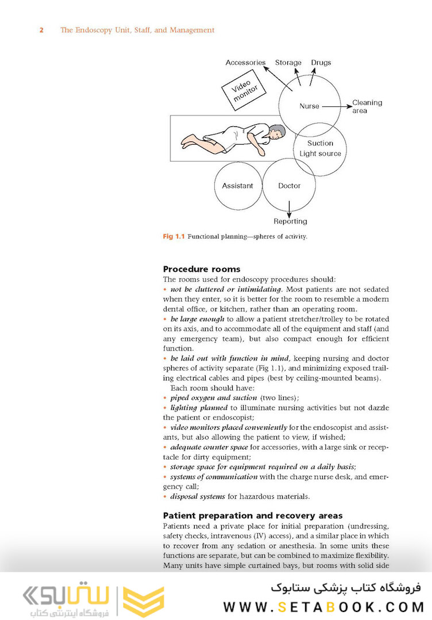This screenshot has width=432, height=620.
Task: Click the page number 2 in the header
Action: pyautogui.click(x=41, y=30)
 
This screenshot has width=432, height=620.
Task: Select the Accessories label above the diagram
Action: pyautogui.click(x=245, y=63)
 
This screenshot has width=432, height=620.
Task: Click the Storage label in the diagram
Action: pyautogui.click(x=288, y=63)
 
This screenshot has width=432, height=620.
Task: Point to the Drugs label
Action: pyautogui.click(x=321, y=63)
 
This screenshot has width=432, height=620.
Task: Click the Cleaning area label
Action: pyautogui.click(x=367, y=106)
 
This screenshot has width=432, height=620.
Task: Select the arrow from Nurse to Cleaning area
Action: pyautogui.click(x=337, y=106)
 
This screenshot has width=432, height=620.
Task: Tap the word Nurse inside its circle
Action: pyautogui.click(x=309, y=106)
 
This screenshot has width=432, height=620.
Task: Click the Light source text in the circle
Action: pyautogui.click(x=320, y=153)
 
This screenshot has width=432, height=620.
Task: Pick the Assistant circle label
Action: pyautogui.click(x=237, y=186)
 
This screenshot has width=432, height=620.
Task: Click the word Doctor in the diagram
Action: pyautogui.click(x=290, y=186)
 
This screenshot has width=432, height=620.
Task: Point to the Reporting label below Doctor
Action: pyautogui.click(x=291, y=221)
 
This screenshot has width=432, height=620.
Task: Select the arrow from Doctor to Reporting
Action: pyautogui.click(x=290, y=209)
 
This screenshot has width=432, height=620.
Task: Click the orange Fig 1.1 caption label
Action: pyautogui.click(x=173, y=237)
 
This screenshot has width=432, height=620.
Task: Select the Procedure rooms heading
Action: pyautogui.click(x=202, y=269)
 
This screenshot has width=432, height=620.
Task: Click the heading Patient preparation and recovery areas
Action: pyautogui.click(x=253, y=515)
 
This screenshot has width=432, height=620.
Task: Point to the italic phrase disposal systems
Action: pyautogui.click(x=198, y=496)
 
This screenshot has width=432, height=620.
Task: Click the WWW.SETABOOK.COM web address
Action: pyautogui.click(x=323, y=607)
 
